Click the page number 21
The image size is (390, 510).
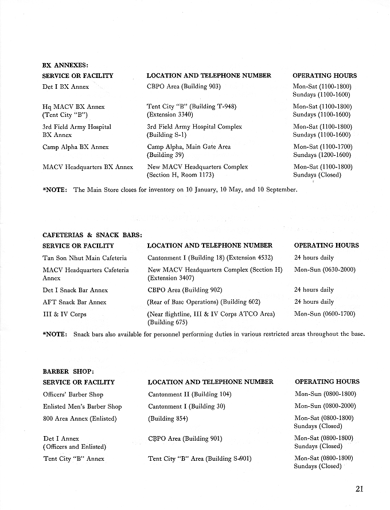360,489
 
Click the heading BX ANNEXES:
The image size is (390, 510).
65,65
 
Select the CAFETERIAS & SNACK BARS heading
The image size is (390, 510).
92,235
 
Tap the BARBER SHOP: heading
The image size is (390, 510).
64,371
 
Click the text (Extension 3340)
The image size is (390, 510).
170,115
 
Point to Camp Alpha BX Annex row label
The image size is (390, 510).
76,147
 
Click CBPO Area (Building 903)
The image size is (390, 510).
184,87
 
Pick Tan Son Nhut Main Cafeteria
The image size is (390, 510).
85,258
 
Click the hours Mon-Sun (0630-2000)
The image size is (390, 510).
325,270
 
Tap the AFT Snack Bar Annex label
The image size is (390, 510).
75,302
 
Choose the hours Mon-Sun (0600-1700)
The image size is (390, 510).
325,314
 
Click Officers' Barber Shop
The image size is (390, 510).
73,394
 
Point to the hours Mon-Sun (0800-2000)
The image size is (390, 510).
325,406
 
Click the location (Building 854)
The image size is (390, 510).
168,418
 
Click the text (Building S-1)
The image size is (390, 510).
166,135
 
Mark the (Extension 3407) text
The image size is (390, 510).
171,278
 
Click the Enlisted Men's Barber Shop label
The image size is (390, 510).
82,406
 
